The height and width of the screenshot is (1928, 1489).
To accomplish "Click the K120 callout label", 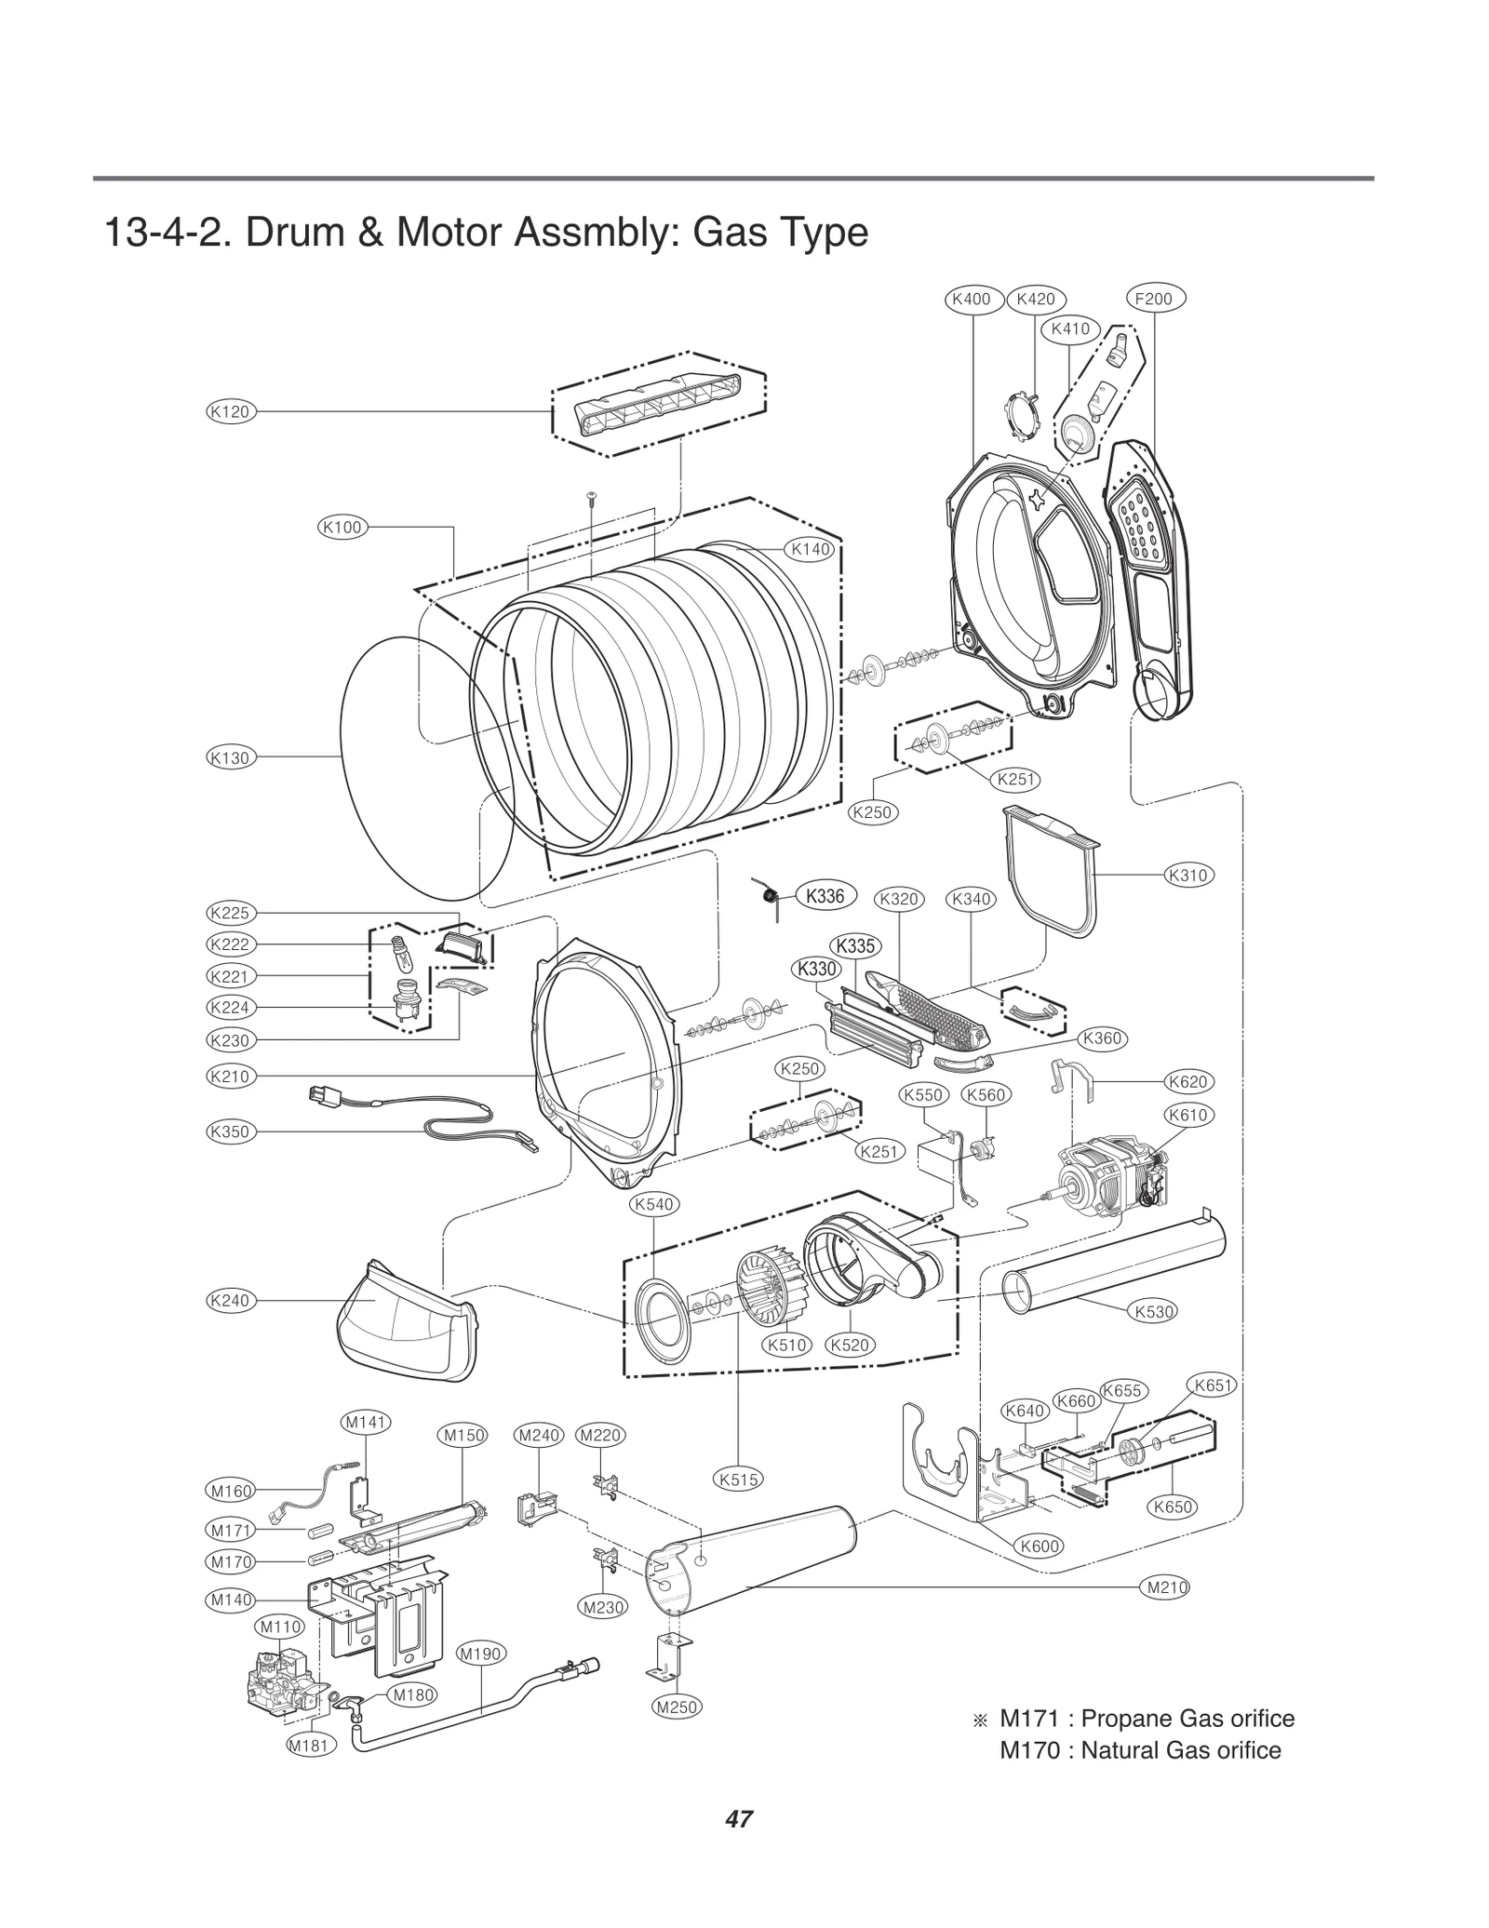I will tap(231, 411).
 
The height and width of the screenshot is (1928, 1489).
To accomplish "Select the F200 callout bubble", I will tap(1155, 299).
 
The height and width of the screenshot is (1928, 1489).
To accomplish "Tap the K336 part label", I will tap(825, 896).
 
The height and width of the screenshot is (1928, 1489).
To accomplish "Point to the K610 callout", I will tap(1188, 1115).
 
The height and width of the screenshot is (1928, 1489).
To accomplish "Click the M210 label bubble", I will tap(1164, 1587).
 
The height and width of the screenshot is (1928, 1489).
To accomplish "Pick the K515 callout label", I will tap(739, 1479).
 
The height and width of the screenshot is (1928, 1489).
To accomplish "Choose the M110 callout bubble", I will tap(280, 1627).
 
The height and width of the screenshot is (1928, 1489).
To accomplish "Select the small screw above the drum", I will tap(591, 497).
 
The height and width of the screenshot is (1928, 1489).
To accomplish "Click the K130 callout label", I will tap(231, 757).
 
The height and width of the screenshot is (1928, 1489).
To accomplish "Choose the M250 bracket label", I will tap(677, 1707).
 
